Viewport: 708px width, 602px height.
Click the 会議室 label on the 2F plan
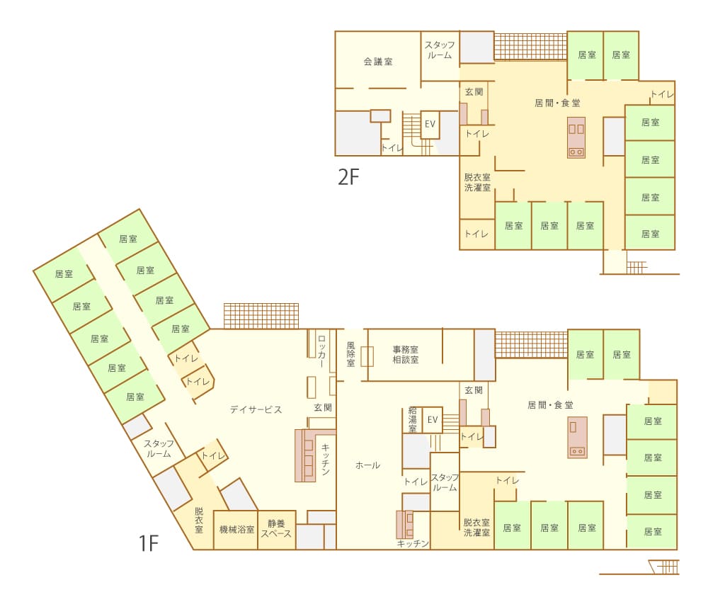coord(378,62)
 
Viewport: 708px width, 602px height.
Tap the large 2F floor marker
coord(348,176)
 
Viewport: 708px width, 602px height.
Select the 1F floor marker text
coord(149,543)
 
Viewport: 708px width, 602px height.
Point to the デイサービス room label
coord(256,409)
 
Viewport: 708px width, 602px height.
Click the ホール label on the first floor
coord(367,465)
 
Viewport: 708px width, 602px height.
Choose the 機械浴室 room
coord(236,530)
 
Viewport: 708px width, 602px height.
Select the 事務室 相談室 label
coord(406,355)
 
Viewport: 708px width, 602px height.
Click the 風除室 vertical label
coord(351,354)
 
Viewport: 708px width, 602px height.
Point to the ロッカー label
coord(321,351)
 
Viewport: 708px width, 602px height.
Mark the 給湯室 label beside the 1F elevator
coord(412,420)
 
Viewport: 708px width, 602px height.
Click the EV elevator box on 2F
coord(430,124)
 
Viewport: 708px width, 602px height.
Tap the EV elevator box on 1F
coord(432,420)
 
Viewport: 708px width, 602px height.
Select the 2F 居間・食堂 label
coord(557,103)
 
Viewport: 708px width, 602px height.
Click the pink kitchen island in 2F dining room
coord(576,137)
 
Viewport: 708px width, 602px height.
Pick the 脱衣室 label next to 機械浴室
coord(199,521)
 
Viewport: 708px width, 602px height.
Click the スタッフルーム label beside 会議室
coord(440,50)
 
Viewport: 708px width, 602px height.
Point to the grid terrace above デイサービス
coord(261,316)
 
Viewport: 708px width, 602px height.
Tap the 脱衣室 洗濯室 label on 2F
coord(477,182)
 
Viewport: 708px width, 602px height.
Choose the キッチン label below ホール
coord(413,543)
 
